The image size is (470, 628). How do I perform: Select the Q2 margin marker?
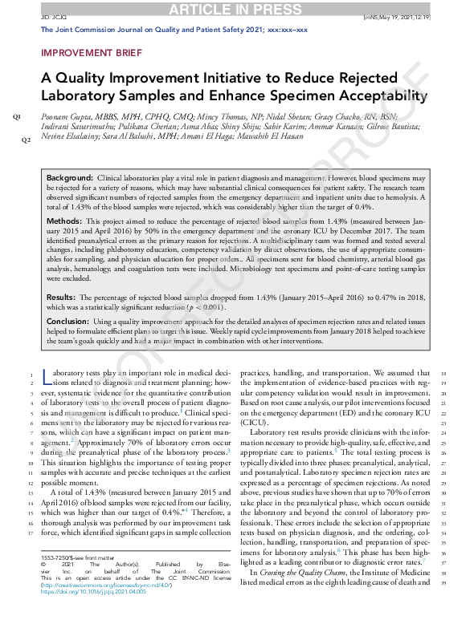pos(26,140)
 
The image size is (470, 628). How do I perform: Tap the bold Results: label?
pos(63,276)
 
